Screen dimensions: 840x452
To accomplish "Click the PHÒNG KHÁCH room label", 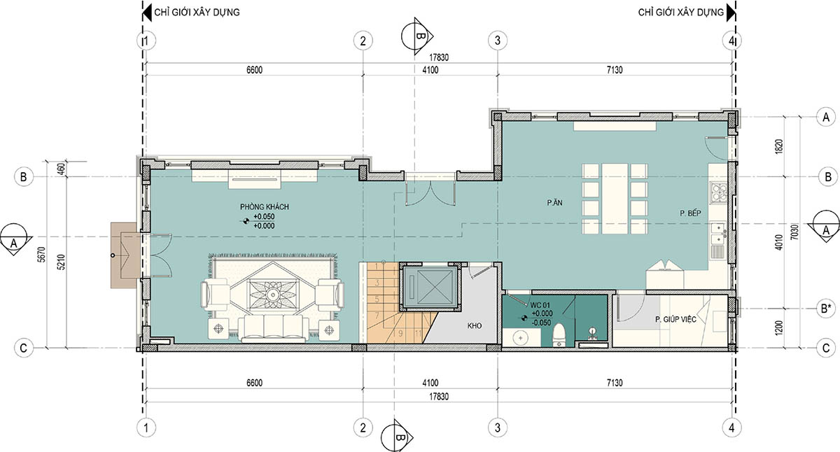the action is [265, 206].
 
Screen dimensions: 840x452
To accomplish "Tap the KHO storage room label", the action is [475, 325].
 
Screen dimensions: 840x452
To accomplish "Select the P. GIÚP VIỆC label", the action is [675, 319].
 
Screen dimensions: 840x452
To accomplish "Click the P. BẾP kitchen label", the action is [690, 213].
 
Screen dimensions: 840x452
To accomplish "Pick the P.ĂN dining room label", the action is [554, 203].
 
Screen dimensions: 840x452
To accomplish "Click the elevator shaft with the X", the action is [430, 288].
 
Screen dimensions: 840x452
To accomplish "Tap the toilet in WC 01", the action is [559, 336].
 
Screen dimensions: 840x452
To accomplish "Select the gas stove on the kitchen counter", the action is [717, 192].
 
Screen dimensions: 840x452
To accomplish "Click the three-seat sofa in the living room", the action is [274, 329].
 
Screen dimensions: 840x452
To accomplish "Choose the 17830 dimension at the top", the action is [439, 57].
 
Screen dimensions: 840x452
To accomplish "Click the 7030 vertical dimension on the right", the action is [794, 232].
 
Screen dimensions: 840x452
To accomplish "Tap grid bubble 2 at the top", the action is [363, 41].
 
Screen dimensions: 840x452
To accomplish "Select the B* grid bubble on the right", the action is [826, 309].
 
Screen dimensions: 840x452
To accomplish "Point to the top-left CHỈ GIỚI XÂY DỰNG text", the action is [197, 13].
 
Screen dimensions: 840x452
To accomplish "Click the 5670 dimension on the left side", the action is [41, 255].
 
